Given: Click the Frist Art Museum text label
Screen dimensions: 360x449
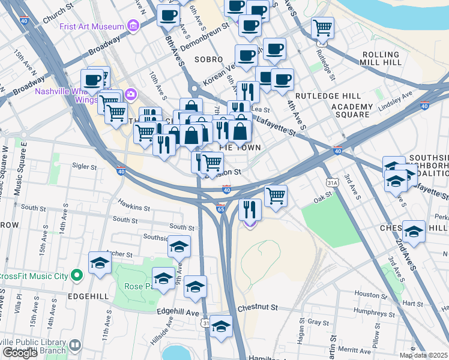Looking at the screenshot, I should [92, 26].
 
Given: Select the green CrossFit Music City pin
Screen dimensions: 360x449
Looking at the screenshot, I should [76, 275].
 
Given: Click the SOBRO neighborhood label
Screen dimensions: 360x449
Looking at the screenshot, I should [209, 59].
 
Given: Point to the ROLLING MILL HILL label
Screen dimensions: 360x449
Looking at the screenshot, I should [390, 58].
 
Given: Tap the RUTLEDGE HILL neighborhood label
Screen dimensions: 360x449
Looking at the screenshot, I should [327, 96].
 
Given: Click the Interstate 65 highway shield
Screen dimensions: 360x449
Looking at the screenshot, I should [220, 209].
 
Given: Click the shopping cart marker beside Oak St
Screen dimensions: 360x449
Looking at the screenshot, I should [276, 195].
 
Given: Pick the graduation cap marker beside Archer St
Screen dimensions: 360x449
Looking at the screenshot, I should [100, 262].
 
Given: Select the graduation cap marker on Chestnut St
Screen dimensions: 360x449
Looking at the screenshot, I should [221, 326].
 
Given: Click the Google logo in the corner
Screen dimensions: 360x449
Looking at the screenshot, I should [20, 353].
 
